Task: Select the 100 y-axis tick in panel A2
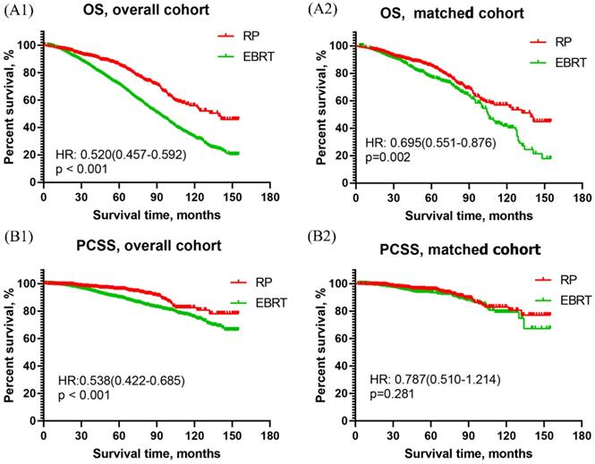point(337,44)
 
